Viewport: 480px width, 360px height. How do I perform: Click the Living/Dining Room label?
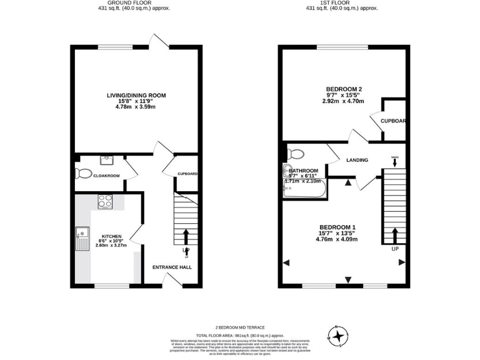click(136, 95)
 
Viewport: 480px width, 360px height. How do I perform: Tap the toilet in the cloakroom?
click(79, 173)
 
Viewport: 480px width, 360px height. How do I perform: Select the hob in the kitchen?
click(104, 202)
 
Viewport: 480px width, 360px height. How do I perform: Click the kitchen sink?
click(82, 239)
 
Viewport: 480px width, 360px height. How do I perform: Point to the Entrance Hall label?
click(172, 267)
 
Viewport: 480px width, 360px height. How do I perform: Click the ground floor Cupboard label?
click(187, 174)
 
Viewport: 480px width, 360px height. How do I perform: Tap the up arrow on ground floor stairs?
click(186, 237)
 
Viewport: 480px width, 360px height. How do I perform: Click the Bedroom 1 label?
click(337, 226)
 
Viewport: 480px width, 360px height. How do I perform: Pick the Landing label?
click(357, 160)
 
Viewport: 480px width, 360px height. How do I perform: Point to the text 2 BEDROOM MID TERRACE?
click(240, 327)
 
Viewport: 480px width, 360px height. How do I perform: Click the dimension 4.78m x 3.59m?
click(136, 106)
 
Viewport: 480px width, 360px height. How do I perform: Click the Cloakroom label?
click(106, 176)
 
